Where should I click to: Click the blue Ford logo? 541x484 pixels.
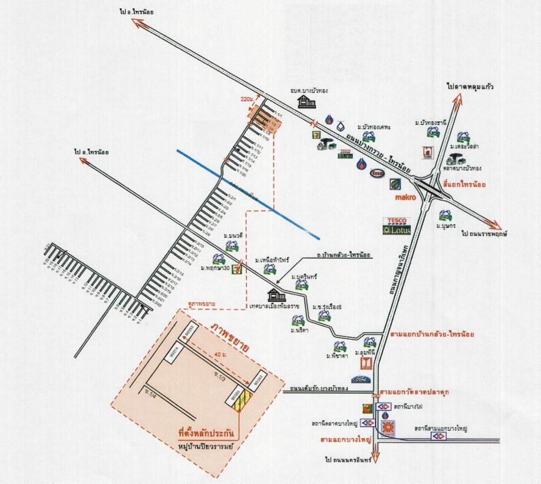tap(361, 380)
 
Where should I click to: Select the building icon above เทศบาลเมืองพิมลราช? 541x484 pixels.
tap(273, 295)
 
